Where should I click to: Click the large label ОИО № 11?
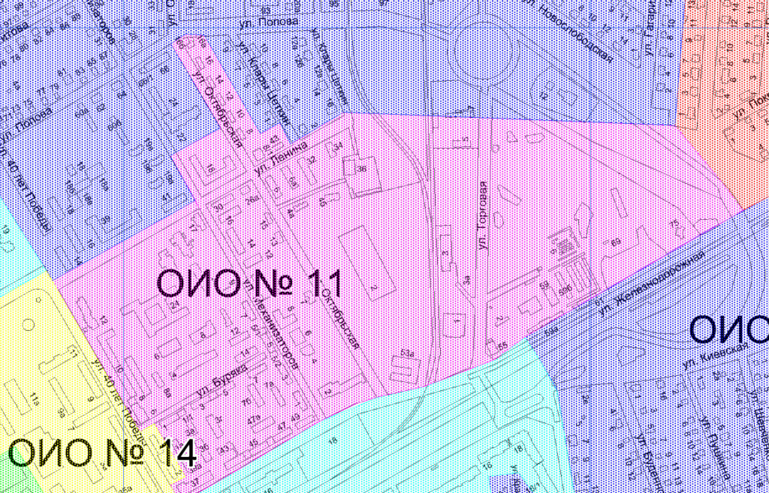(250, 284)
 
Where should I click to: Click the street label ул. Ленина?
(281, 158)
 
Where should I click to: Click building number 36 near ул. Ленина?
(361, 170)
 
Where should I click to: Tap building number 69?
(617, 242)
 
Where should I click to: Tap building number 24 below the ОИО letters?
(174, 305)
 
